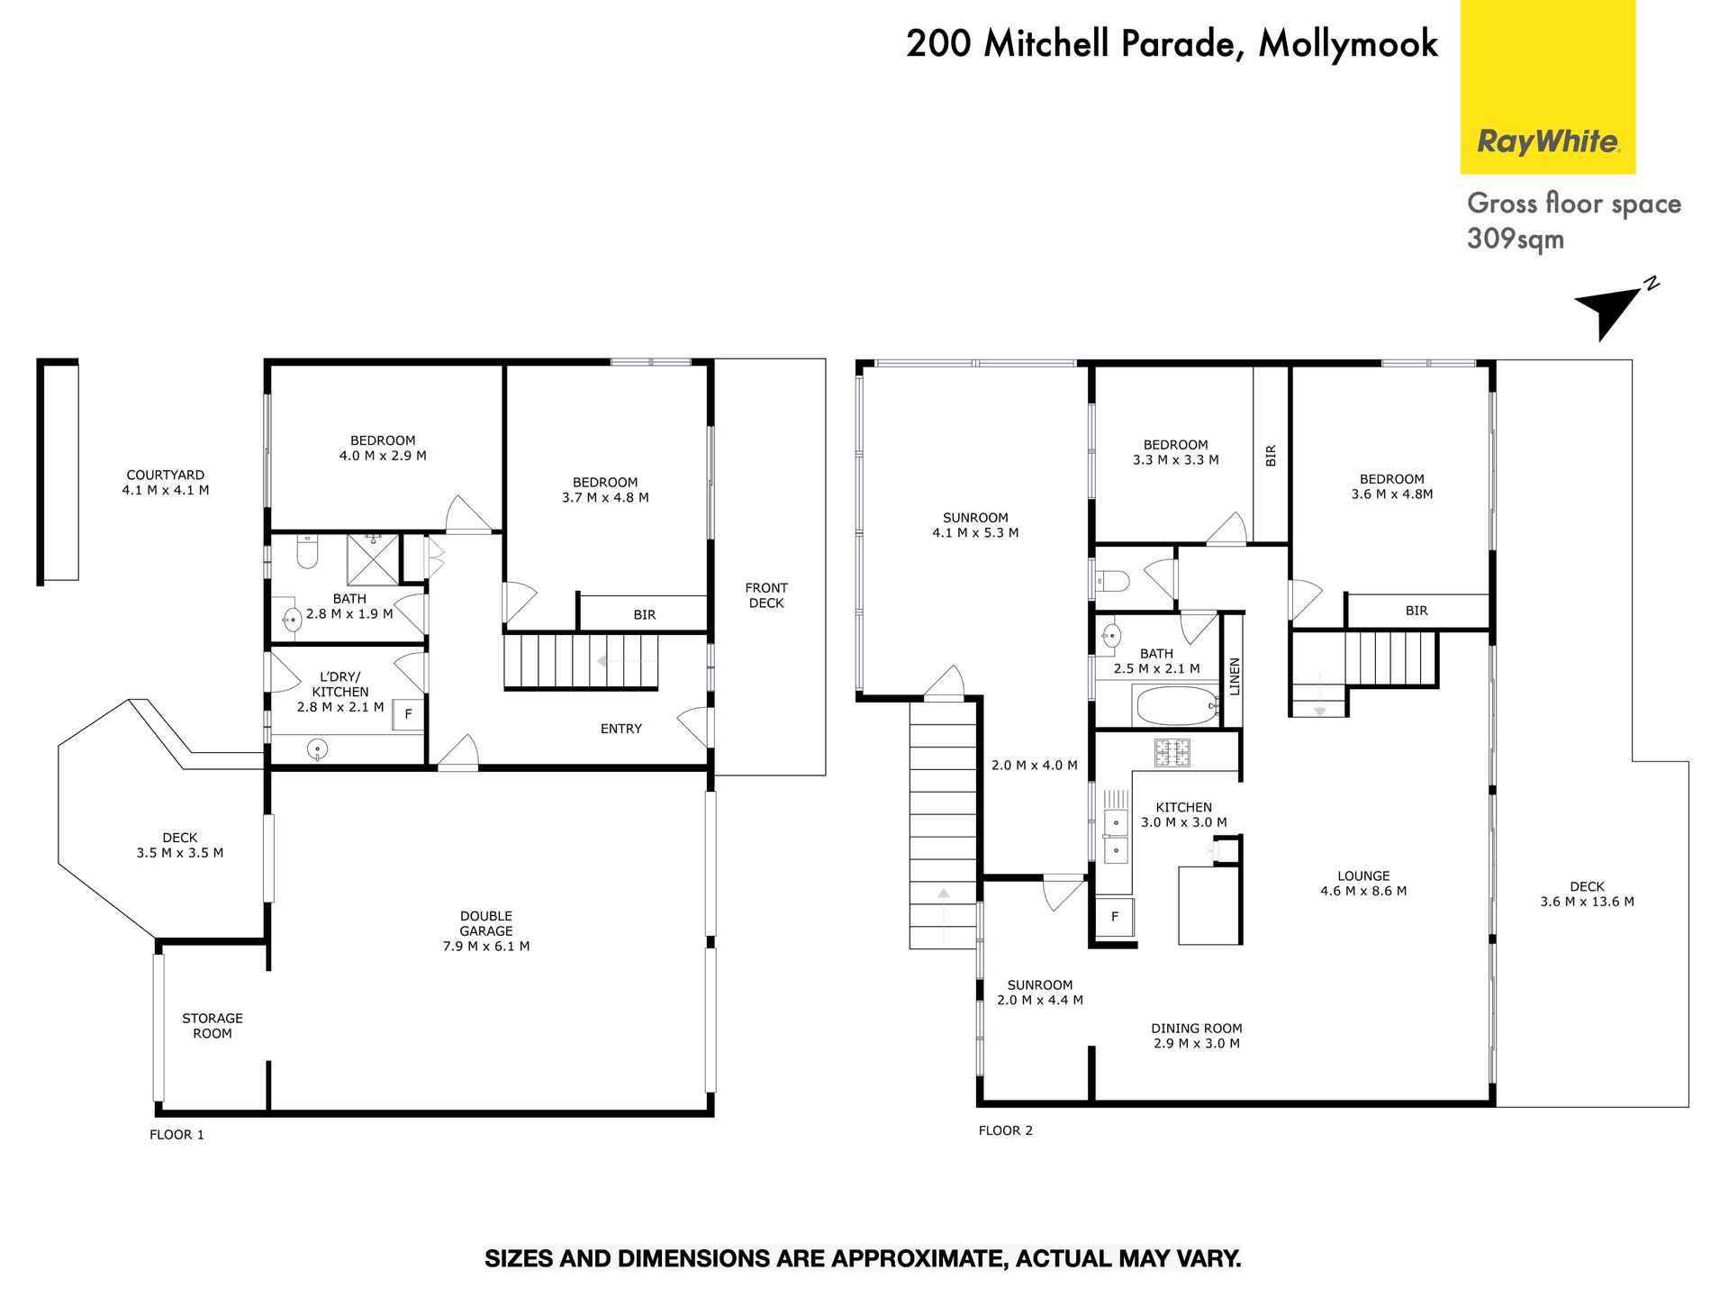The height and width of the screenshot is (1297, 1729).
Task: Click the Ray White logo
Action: pos(1547,86)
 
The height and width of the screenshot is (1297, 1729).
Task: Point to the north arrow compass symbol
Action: pos(1612,309)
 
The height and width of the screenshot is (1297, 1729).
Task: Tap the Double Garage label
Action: pos(486,930)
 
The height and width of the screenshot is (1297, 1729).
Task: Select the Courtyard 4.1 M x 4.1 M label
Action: pos(166,483)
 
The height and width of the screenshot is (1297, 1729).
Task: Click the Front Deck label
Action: pos(766,595)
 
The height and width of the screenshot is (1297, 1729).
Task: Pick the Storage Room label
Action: pos(213,1026)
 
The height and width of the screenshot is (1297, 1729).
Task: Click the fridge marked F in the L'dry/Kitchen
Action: pos(408,714)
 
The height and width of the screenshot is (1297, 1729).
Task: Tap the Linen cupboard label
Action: pos(1235,676)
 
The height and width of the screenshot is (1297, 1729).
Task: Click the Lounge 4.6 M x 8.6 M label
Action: pos(1363,884)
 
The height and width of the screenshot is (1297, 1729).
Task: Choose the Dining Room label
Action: pos(1197,1036)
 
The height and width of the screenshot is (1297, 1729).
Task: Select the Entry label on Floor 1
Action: pos(621,729)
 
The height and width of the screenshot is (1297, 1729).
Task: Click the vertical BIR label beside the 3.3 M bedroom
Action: pos(1271,456)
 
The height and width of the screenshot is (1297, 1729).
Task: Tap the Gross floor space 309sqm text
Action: pos(1574,221)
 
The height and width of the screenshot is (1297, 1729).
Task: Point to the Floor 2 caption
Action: pos(1006,1130)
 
